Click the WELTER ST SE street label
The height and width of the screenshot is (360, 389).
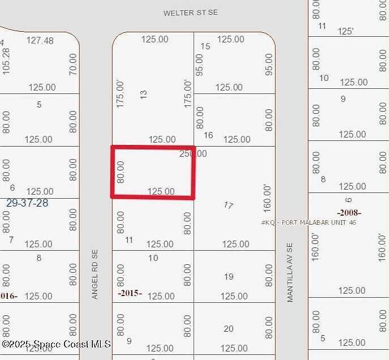pyautogui.click(x=190, y=12)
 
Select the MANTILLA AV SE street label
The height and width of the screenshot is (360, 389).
pyautogui.click(x=290, y=272)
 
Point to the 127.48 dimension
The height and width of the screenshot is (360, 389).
pyautogui.click(x=40, y=40)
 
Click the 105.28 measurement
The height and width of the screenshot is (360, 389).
pyautogui.click(x=6, y=61)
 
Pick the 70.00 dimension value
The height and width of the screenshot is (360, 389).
pyautogui.click(x=72, y=65)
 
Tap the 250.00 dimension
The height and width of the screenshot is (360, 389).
pyautogui.click(x=193, y=153)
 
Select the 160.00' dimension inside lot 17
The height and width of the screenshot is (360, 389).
pyautogui.click(x=267, y=198)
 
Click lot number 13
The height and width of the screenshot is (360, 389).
pyautogui.click(x=143, y=95)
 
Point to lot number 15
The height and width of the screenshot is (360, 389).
pyautogui.click(x=206, y=46)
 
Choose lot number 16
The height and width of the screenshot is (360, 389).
pyautogui.click(x=208, y=135)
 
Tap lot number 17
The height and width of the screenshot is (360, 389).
pyautogui.click(x=228, y=205)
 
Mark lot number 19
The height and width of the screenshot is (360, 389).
pyautogui.click(x=228, y=277)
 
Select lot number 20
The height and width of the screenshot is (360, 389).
pyautogui.click(x=228, y=329)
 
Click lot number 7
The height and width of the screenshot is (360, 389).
pyautogui.click(x=11, y=239)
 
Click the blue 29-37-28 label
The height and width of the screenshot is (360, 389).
pyautogui.click(x=27, y=203)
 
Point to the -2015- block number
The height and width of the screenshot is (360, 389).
pyautogui.click(x=130, y=293)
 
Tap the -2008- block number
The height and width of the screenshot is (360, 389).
pyautogui.click(x=349, y=213)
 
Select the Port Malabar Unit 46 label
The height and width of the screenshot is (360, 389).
pyautogui.click(x=309, y=222)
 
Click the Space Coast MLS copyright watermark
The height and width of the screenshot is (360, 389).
pyautogui.click(x=56, y=344)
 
